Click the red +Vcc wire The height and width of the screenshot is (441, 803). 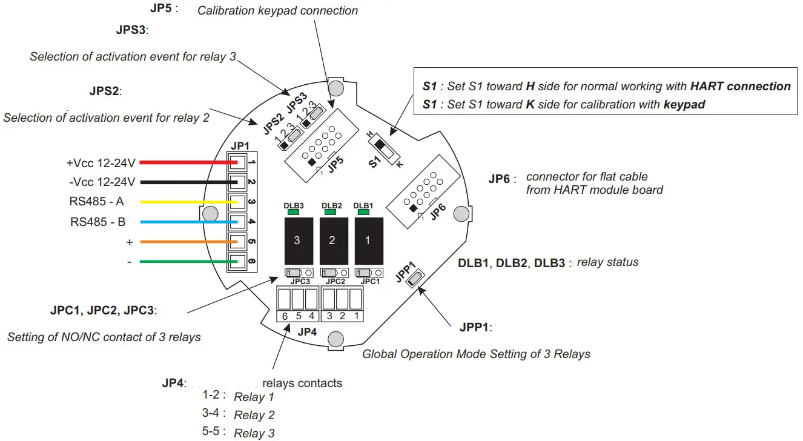[182, 162]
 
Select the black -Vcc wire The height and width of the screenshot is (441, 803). [182, 182]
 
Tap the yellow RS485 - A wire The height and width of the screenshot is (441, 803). [182, 202]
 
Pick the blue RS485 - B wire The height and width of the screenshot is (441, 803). [182, 222]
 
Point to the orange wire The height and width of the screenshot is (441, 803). [182, 242]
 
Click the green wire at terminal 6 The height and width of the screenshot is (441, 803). [182, 262]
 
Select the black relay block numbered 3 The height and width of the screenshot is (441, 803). [297, 240]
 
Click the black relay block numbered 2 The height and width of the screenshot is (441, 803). [332, 240]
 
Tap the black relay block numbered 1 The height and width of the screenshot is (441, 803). [366, 240]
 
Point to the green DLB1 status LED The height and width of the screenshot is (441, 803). [363, 212]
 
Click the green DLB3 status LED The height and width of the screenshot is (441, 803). [293, 212]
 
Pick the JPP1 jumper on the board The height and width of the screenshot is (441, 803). [416, 279]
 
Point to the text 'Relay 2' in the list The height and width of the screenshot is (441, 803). [254, 416]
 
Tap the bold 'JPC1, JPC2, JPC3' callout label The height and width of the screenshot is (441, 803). [103, 311]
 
